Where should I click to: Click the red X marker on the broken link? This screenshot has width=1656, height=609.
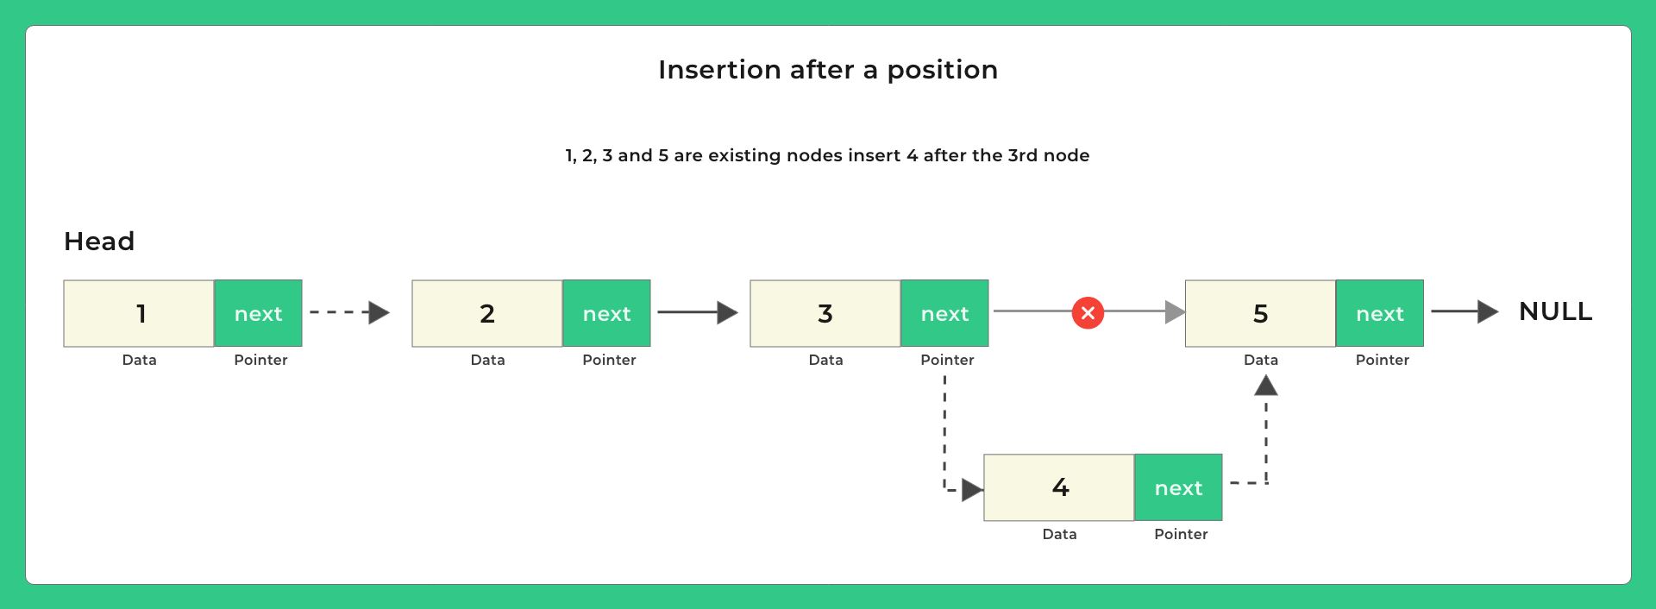(x=1088, y=312)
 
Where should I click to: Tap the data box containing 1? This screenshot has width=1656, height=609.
(x=139, y=313)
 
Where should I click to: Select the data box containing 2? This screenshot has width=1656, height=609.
(x=487, y=313)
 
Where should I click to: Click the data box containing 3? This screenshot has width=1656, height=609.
(x=825, y=313)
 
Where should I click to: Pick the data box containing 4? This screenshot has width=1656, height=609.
(x=1059, y=487)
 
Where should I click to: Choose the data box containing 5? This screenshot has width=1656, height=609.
(x=1260, y=313)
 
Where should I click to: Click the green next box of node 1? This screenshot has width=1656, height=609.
(x=258, y=313)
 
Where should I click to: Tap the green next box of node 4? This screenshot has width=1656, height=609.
(x=1178, y=487)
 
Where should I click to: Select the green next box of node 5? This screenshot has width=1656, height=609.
(x=1380, y=313)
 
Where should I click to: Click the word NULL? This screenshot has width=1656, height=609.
(x=1555, y=311)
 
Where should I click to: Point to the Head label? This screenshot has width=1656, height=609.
(x=99, y=242)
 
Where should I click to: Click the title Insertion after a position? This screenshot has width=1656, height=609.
(x=828, y=70)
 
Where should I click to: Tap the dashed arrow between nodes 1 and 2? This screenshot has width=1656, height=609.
(x=349, y=312)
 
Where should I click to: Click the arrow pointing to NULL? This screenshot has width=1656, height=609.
(x=1465, y=311)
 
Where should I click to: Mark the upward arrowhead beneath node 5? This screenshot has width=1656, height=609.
(x=1265, y=386)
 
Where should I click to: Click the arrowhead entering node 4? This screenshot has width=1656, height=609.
(x=972, y=490)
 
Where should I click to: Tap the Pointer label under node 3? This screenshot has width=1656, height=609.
(x=947, y=360)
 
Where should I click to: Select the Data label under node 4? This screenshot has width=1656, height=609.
(x=1059, y=534)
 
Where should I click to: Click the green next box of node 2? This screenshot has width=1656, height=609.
(x=606, y=313)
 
